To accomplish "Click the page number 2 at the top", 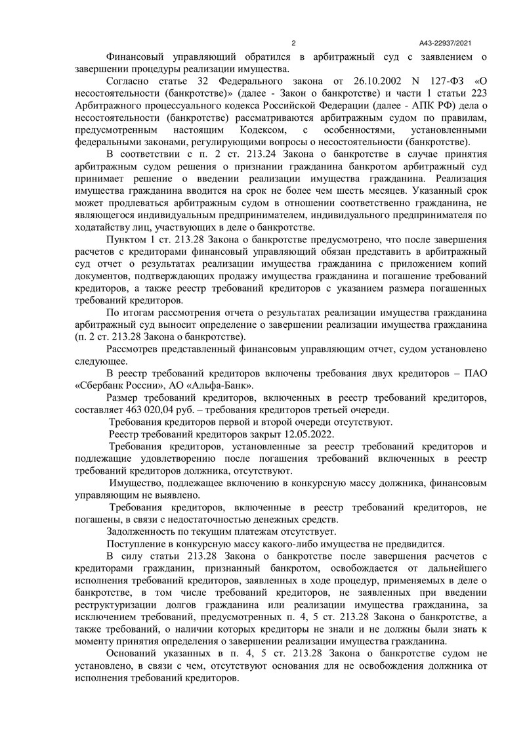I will (293, 43).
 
